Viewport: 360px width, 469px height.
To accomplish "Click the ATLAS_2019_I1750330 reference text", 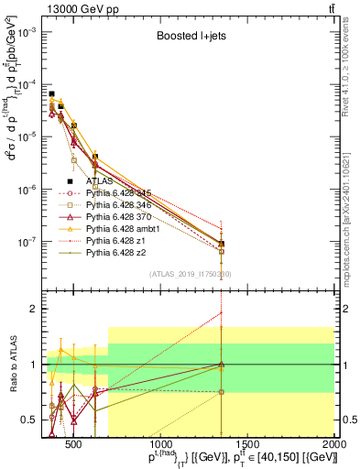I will (191, 274).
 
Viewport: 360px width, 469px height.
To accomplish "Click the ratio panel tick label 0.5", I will (27, 420).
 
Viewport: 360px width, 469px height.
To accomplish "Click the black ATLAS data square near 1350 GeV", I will (222, 244).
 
